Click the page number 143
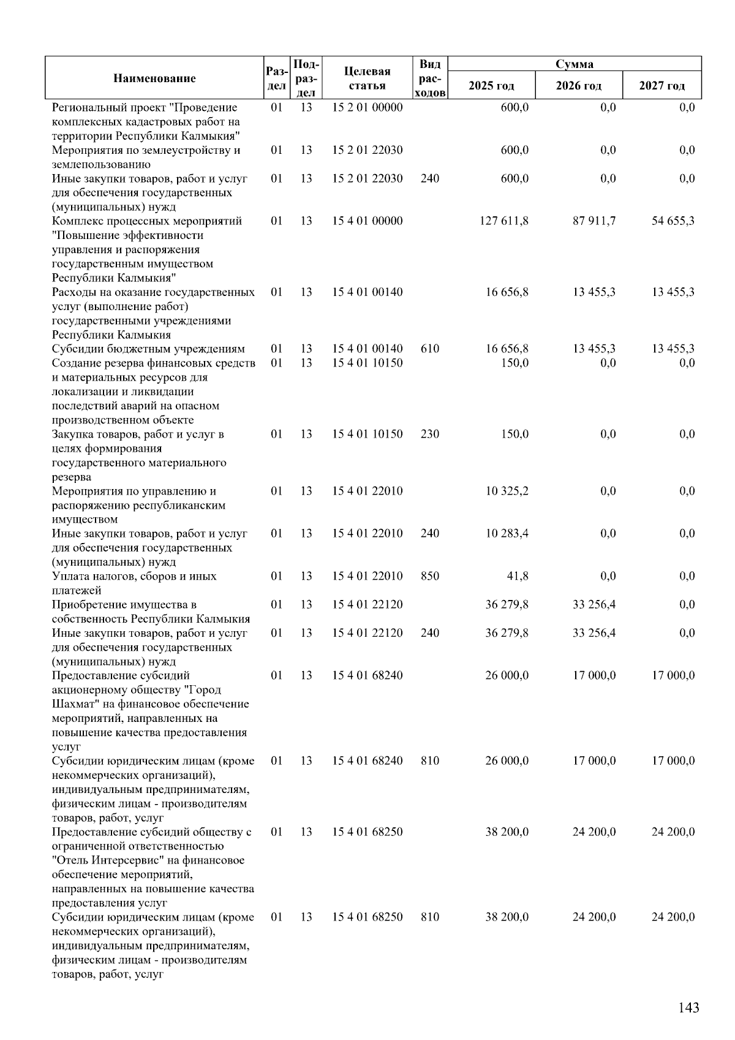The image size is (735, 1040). tap(688, 1008)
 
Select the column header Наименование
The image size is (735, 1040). tap(154, 78)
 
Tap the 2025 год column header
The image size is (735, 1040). tap(491, 85)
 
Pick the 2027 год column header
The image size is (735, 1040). tap(661, 85)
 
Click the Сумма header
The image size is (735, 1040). tap(574, 64)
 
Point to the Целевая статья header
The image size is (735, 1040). tap(367, 78)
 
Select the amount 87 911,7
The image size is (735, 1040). tap(594, 221)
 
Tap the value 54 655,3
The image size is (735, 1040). tap(673, 221)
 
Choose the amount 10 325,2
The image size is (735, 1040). tap(507, 491)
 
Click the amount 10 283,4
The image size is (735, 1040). tap(507, 533)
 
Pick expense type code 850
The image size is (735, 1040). tap(430, 576)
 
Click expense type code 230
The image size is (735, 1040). tap(430, 434)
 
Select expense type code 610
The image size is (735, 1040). tap(430, 349)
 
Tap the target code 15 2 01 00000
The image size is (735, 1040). tap(367, 107)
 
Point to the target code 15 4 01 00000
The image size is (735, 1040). tap(367, 221)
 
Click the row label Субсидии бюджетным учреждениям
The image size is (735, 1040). tap(148, 349)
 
